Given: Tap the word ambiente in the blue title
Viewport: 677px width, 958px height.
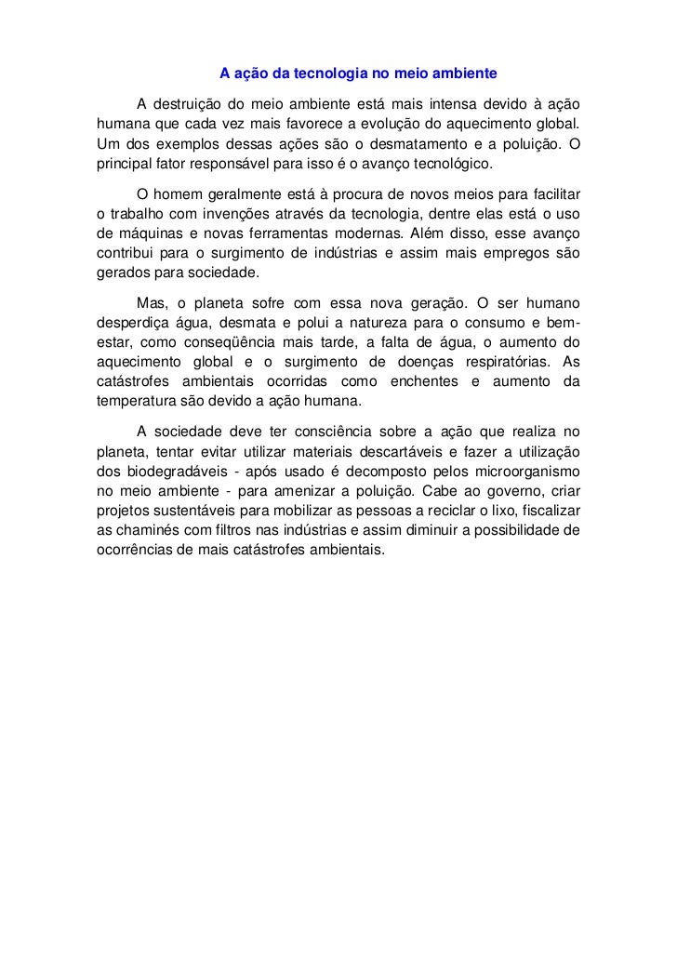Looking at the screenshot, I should point(468,73).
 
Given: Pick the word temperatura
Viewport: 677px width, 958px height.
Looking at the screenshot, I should point(137,406).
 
